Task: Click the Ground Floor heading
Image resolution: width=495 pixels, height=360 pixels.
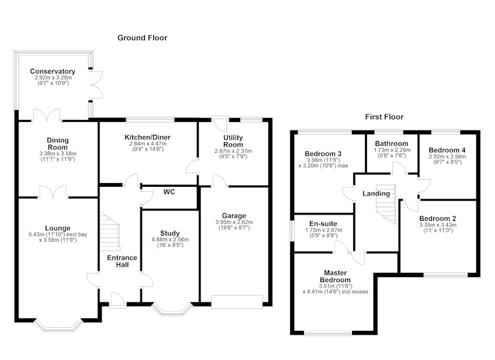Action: point(142,38)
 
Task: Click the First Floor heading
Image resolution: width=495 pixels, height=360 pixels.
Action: point(384,117)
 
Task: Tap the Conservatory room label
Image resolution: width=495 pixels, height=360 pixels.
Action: point(53,71)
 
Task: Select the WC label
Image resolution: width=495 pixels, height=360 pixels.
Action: point(169,192)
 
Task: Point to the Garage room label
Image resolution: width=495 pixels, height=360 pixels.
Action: point(234,216)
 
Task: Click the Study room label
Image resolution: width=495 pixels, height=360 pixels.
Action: point(170,233)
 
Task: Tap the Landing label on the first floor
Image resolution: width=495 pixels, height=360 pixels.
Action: point(376,194)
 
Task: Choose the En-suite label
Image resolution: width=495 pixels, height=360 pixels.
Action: point(323,224)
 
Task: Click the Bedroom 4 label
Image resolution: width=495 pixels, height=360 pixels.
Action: point(447,150)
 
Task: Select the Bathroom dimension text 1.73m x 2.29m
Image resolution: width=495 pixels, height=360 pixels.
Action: point(392,150)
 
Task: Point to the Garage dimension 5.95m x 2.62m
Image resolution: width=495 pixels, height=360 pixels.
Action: point(234,222)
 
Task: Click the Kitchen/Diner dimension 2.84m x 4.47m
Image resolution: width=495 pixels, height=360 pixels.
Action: point(148,144)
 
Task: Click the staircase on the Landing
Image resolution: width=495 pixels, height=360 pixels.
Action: point(385,204)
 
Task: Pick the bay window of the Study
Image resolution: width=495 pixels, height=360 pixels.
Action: point(172,310)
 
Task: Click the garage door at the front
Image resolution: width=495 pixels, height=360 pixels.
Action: point(237,301)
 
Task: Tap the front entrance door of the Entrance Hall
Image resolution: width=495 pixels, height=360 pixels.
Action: point(118,299)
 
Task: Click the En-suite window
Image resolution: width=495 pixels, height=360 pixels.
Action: point(291,231)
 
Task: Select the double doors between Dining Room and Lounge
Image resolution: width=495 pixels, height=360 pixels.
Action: point(53,192)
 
